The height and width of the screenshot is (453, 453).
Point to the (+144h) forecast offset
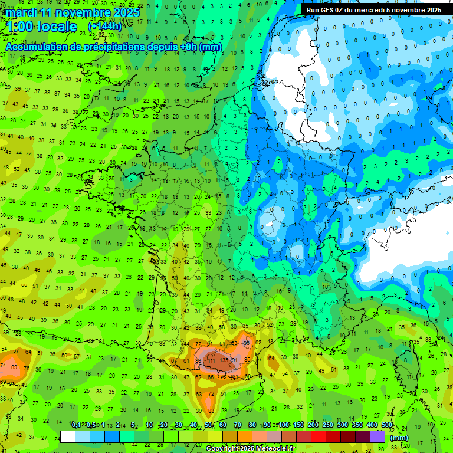[x=104, y=27]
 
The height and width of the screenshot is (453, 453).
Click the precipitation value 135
[x=224, y=360]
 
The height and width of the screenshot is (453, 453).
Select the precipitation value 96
[x=247, y=343]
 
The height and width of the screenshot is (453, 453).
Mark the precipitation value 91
[x=234, y=360]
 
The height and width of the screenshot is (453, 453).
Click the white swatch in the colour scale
[x=68, y=437]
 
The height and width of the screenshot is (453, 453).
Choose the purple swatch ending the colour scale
[x=377, y=437]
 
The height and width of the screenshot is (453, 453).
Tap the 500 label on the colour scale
[x=386, y=425]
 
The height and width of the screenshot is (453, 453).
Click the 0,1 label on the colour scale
[x=75, y=425]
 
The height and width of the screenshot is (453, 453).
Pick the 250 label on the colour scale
[x=327, y=425]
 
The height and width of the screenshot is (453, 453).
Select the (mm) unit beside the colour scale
[x=399, y=438]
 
